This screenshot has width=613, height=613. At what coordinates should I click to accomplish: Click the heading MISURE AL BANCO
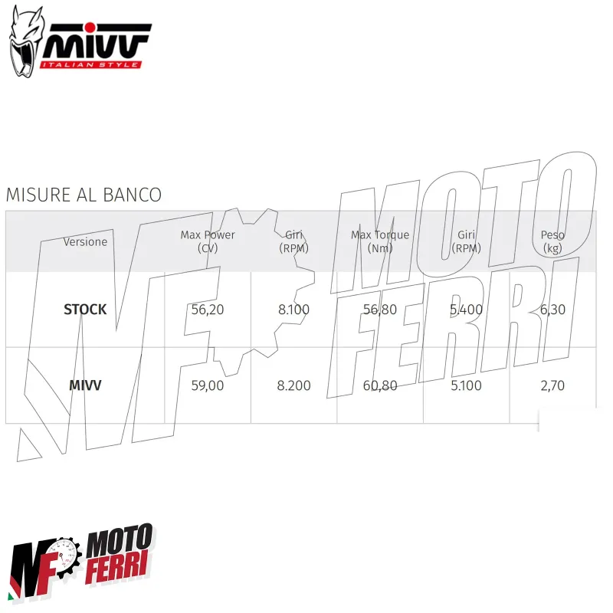click(x=84, y=195)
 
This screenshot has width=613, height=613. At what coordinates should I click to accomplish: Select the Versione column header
click(x=85, y=241)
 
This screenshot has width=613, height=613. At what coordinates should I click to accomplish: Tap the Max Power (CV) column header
click(x=208, y=241)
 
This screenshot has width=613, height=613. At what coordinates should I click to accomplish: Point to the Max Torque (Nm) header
click(x=380, y=241)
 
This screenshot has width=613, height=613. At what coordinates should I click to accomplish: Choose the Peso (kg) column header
click(x=552, y=241)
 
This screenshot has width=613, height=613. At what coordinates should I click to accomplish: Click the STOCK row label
click(x=85, y=310)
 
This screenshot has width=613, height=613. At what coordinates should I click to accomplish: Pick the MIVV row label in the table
click(x=85, y=385)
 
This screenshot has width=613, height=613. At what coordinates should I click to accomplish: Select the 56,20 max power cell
click(x=208, y=310)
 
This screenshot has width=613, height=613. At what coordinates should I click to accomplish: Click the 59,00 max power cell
click(x=208, y=385)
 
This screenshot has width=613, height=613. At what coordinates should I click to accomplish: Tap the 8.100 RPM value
click(x=293, y=310)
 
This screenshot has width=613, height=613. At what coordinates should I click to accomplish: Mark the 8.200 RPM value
click(x=293, y=385)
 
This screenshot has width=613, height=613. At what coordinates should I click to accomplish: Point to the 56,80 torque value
click(x=380, y=310)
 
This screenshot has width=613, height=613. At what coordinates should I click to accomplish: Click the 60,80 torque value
click(x=380, y=385)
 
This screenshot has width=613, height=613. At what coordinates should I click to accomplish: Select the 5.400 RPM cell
click(x=466, y=310)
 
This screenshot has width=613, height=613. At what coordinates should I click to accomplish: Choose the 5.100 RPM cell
click(x=466, y=385)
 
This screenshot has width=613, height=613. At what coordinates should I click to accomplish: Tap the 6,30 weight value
click(x=552, y=310)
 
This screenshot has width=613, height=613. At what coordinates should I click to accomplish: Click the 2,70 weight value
click(x=552, y=385)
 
